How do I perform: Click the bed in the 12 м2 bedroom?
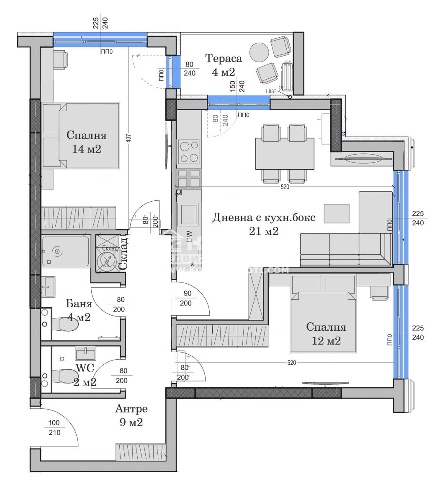click(324, 321)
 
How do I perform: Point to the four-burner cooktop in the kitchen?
click(189, 151)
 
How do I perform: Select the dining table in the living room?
click(285, 153)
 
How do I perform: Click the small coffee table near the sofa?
click(337, 213)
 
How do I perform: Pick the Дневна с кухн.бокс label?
click(264, 218)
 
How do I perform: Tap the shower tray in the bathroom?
click(65, 251)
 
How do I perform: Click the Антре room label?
click(131, 408)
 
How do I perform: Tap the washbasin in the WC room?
click(86, 353)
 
